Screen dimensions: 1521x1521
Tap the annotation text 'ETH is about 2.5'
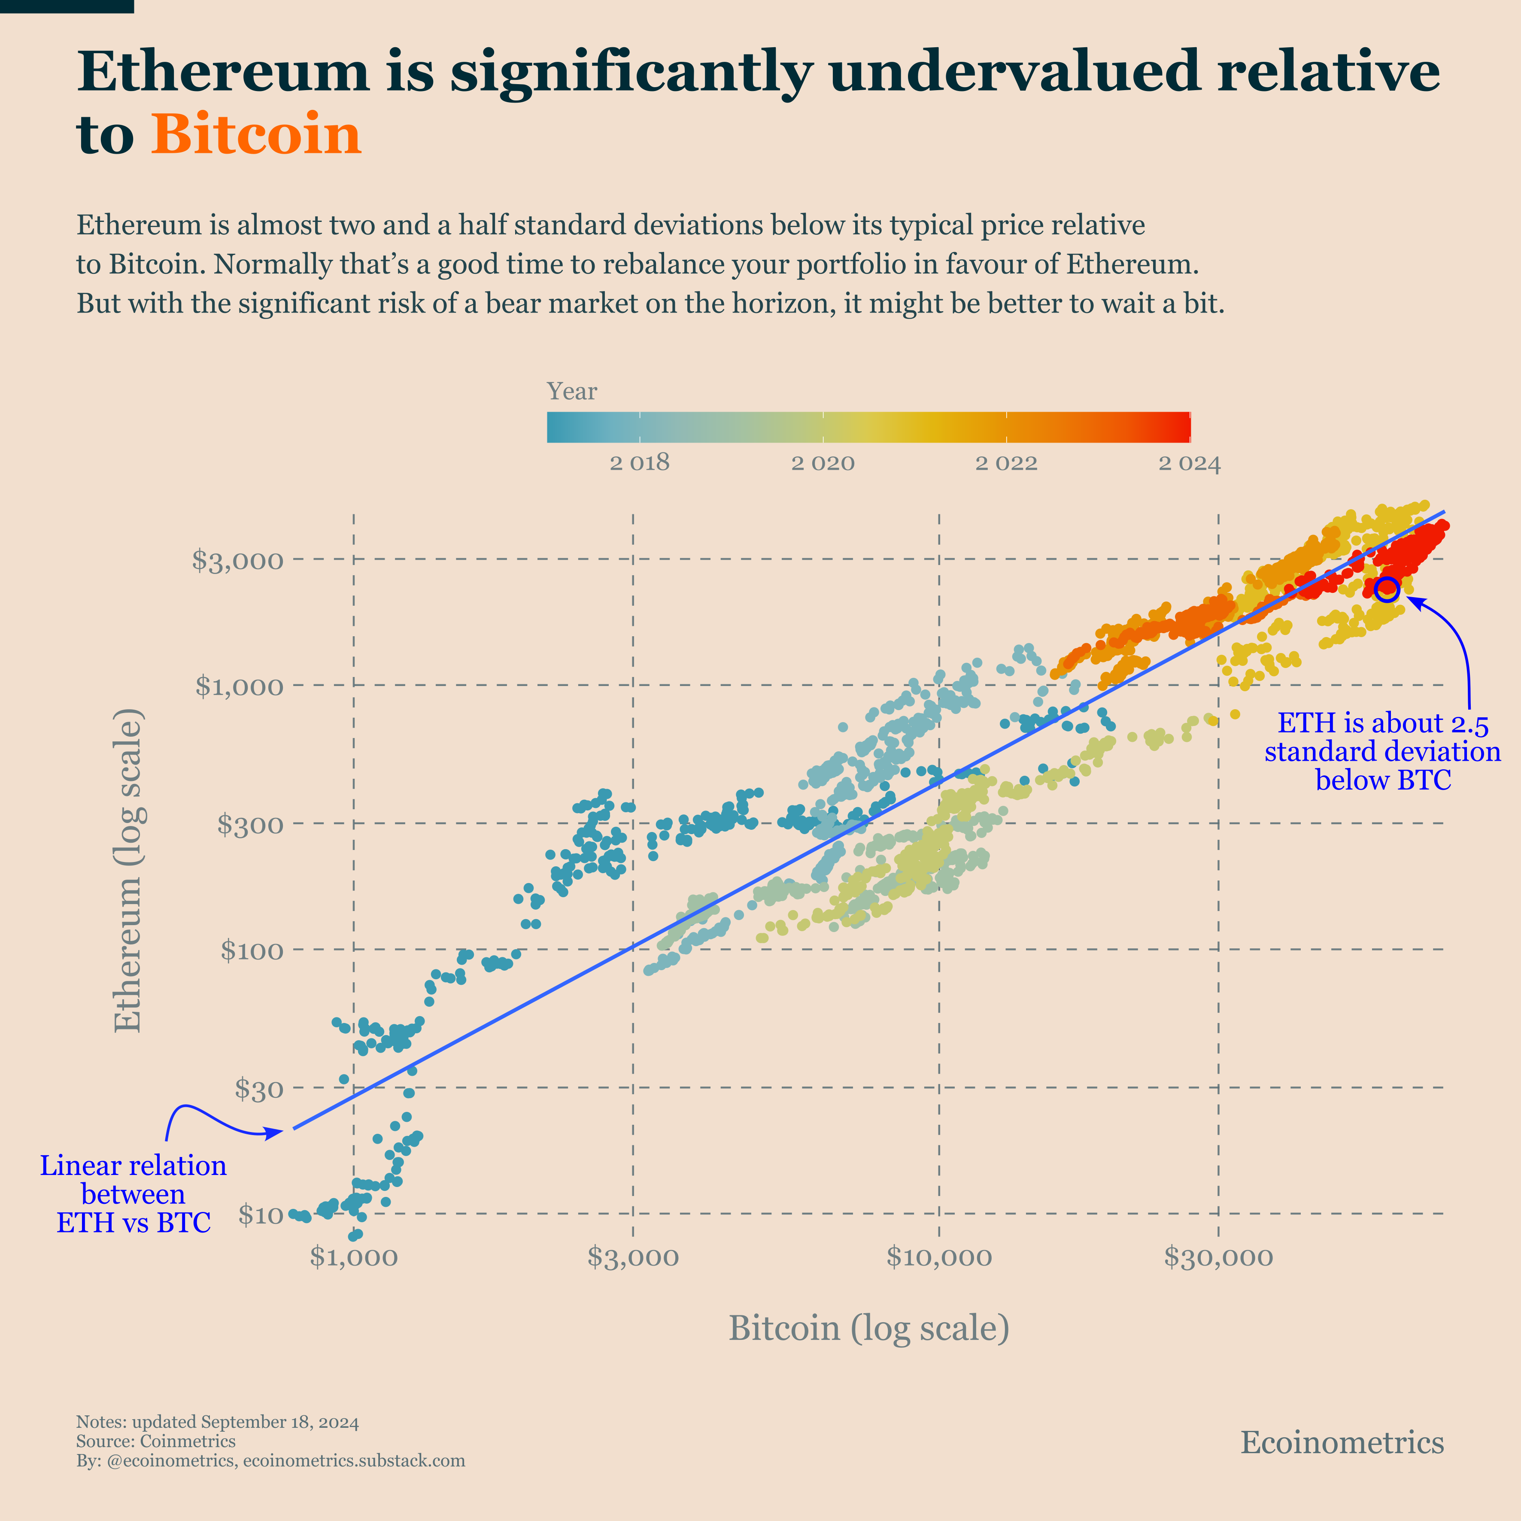(1382, 723)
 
